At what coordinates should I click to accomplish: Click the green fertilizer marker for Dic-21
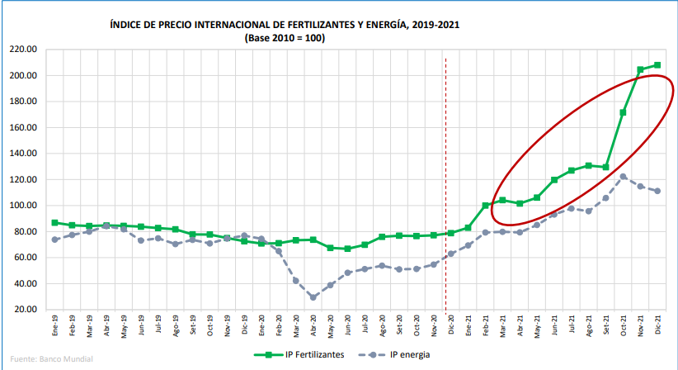point(657,64)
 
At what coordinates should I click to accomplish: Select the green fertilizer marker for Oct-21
point(623,112)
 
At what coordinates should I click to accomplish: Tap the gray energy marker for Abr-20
point(313,297)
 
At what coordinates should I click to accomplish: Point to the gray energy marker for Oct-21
point(623,176)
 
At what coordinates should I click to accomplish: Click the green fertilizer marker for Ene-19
point(54,223)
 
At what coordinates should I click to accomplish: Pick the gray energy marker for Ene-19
point(54,240)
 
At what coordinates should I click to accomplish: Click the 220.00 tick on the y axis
point(25,50)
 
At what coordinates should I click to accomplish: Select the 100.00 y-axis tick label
point(25,206)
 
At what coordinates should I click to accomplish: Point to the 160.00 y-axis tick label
point(25,127)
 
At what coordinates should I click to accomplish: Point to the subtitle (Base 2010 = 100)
point(285,38)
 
